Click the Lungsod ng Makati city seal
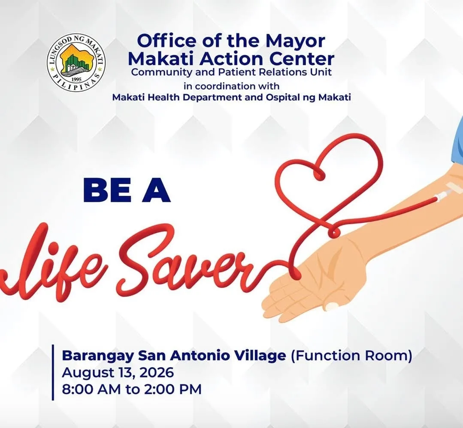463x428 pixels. coord(76,62)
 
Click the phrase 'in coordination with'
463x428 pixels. coord(231,86)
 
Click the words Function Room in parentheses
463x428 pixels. coord(351,356)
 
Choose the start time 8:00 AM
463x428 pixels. coord(91,389)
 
